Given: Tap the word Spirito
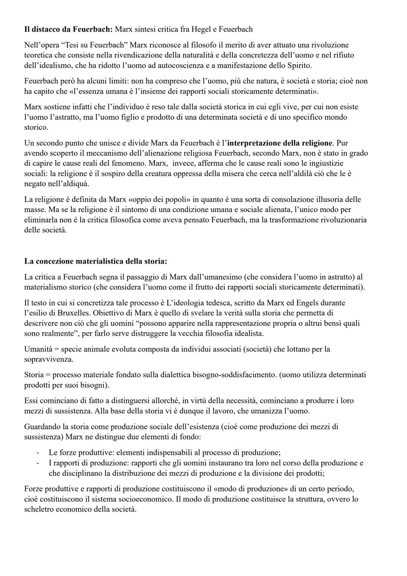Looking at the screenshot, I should [298, 65].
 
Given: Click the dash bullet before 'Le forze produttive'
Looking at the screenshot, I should [37, 453].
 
